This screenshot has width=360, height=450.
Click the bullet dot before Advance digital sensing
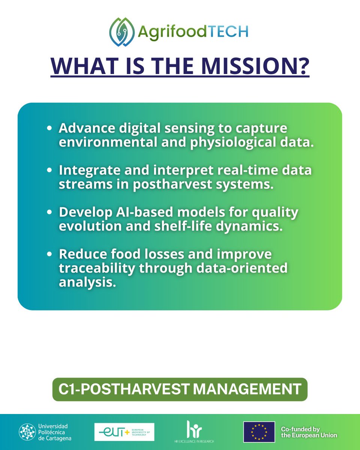[x=49, y=129]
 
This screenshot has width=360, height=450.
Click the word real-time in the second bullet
[x=237, y=170]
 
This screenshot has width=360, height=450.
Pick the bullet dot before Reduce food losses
[x=49, y=254]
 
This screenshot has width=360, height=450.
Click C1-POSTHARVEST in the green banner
[x=123, y=389]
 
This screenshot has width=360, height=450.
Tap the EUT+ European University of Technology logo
[x=124, y=432]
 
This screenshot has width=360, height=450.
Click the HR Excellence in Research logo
[x=191, y=430]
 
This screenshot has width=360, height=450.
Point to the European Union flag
[x=259, y=432]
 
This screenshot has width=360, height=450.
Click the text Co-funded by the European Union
[x=309, y=432]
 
